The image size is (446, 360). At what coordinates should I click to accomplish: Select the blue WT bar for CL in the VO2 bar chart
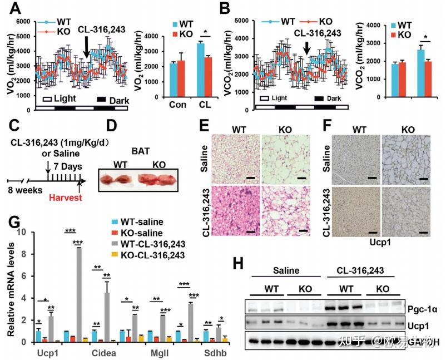point(201,72)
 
